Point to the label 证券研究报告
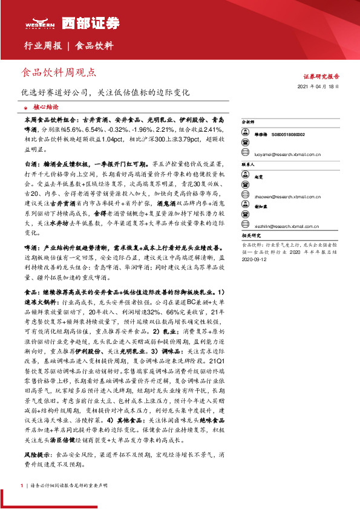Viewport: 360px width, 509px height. pos(321,77)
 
